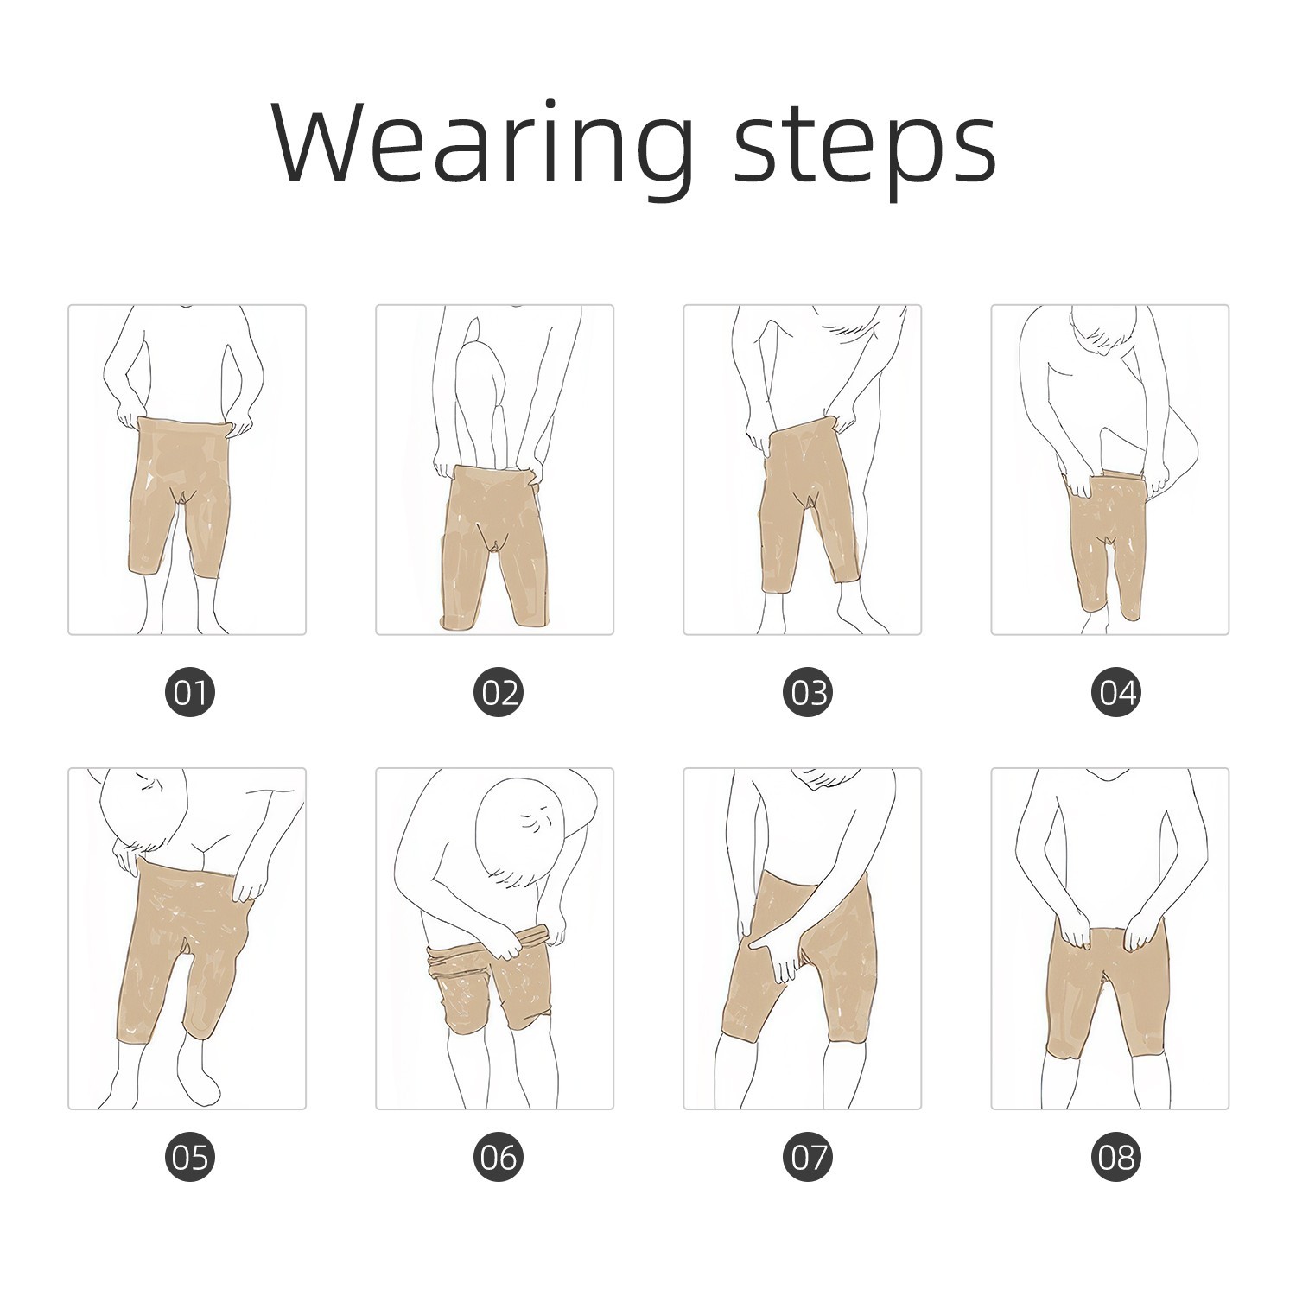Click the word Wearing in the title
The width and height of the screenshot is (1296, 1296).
point(482,143)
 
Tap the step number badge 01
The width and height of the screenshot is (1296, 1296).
point(190,692)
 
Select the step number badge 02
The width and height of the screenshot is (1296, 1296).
point(499,692)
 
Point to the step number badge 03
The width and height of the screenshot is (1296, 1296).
point(807,692)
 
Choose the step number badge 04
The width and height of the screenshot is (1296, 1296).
point(1115,692)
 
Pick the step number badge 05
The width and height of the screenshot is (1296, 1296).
point(190,1157)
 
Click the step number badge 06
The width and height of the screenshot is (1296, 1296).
point(499,1157)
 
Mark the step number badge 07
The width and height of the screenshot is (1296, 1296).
point(807,1157)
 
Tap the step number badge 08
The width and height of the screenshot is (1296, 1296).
point(1115,1157)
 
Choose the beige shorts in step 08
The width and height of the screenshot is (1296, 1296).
point(1110,985)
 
